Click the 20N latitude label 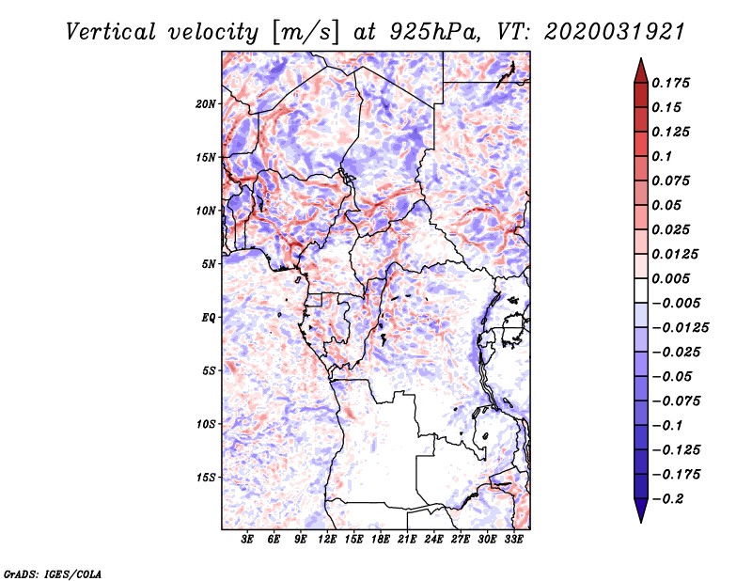click(206, 104)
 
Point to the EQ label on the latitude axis click(209, 318)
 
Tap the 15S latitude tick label click(206, 478)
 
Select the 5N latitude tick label click(209, 264)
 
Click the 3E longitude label click(247, 539)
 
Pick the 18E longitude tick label click(381, 539)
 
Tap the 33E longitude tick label click(513, 539)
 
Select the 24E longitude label click(433, 539)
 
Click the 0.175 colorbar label click(670, 83)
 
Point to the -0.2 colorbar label click(667, 499)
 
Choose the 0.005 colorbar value click(670, 278)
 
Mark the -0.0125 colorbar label click(680, 328)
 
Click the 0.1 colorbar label click(662, 156)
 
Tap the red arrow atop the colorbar click(641, 71)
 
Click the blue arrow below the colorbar click(641, 510)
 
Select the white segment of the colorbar click(641, 290)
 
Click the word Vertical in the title click(111, 32)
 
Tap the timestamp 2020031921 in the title click(615, 32)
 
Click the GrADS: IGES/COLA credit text click(53, 574)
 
